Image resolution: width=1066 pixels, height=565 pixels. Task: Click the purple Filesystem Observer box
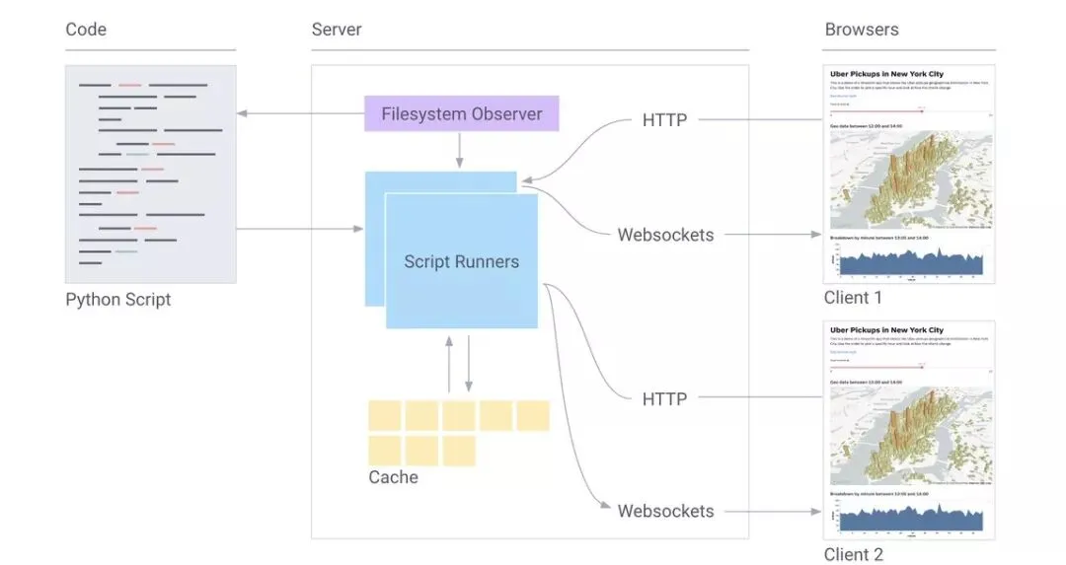(461, 113)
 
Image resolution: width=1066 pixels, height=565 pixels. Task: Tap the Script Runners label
(461, 261)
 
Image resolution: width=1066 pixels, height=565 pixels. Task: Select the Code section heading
(86, 30)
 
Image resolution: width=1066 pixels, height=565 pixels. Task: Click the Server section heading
(337, 30)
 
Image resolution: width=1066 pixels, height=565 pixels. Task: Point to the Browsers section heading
(861, 30)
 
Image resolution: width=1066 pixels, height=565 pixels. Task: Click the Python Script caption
(117, 300)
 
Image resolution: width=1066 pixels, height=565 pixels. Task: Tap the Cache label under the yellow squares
(393, 478)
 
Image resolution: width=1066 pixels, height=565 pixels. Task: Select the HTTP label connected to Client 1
(664, 120)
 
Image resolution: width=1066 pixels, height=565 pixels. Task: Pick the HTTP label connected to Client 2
(664, 398)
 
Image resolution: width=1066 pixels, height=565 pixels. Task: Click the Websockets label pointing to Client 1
(665, 235)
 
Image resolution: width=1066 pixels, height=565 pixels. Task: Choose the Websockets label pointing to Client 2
(665, 511)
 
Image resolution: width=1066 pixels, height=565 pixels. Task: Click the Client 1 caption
(853, 298)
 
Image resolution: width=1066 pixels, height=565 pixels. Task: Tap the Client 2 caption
(853, 554)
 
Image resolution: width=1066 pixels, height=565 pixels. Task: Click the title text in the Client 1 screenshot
(885, 75)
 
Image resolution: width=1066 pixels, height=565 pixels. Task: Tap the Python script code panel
(150, 174)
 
